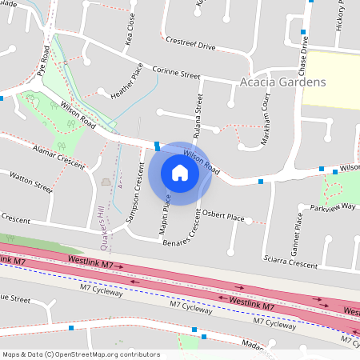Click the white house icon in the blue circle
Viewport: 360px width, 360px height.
pyautogui.click(x=180, y=172)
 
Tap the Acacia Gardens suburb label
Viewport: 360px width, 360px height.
pyautogui.click(x=282, y=82)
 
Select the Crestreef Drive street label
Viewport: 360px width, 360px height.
pyautogui.click(x=190, y=42)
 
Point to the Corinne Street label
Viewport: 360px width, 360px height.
pyautogui.click(x=175, y=74)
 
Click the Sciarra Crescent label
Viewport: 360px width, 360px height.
pyautogui.click(x=290, y=262)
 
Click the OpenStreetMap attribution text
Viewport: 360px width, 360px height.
pyautogui.click(x=80, y=354)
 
